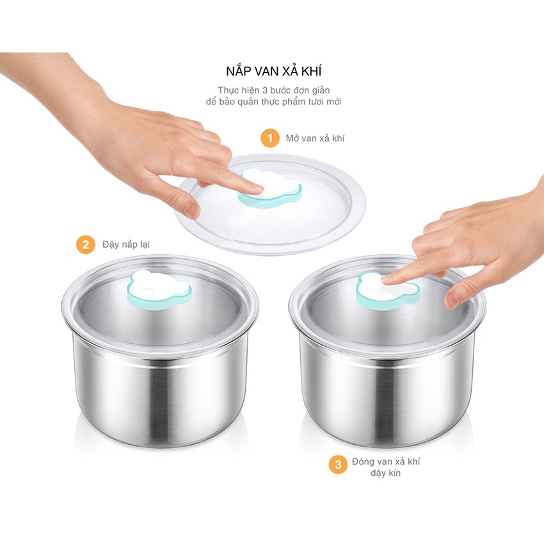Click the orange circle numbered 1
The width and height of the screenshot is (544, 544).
point(270,138)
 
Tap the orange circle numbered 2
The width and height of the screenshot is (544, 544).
point(86,245)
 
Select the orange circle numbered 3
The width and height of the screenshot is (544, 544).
point(338,465)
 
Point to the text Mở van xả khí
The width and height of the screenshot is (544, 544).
point(315,138)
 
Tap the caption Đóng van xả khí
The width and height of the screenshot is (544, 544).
point(385,461)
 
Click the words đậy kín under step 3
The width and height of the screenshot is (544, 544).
point(385,474)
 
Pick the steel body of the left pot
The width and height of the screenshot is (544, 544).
point(160,390)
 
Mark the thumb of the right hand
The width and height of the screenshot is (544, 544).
point(456,296)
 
